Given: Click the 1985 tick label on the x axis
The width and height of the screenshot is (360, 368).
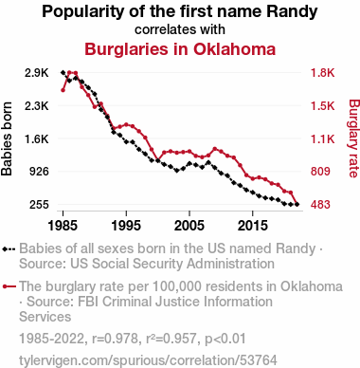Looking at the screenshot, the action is point(63,226).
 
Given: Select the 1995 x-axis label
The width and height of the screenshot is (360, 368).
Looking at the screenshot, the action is point(126,226).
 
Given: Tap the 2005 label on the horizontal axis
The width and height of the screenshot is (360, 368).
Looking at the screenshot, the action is point(189,226).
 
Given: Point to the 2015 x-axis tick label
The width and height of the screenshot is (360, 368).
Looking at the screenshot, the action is point(253,226).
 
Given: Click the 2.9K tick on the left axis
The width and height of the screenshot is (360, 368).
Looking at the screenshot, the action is point(37,73).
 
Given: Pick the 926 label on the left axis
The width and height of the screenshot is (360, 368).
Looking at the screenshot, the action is point(39,172).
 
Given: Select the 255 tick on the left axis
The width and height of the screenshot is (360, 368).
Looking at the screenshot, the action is point(39,204).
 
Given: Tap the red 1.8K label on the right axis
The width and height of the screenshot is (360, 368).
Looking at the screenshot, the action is point(322,73).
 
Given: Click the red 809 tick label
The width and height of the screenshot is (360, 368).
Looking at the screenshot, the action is point(320,172).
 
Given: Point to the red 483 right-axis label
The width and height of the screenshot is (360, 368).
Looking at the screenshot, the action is point(320,204).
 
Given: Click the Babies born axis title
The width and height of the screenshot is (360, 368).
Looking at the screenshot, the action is point(7,138).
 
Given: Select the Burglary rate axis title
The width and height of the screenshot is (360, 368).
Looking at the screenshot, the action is point(354,138).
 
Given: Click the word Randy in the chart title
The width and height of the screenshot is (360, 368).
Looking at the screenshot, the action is point(292,12).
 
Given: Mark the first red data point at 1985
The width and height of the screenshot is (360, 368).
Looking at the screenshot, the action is point(63,90).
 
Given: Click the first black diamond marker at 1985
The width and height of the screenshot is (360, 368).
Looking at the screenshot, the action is point(63,72).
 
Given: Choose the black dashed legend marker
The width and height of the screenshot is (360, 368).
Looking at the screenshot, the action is point(9,248).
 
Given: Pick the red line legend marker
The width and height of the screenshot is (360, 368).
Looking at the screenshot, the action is point(9,286).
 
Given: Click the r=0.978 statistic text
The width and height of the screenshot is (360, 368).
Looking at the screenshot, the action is point(115,339).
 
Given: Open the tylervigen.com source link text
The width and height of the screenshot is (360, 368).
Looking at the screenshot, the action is point(148,360).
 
